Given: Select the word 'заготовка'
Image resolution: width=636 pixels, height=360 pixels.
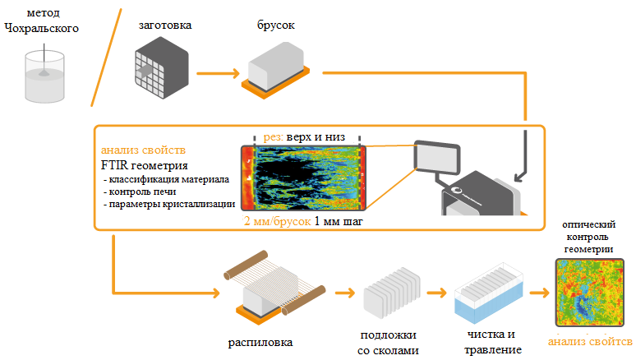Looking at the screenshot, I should tap(164, 25).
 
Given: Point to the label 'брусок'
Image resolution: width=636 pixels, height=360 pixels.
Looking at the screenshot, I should tap(271, 25).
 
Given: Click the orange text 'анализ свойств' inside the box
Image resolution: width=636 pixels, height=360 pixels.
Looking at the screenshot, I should tap(143, 150).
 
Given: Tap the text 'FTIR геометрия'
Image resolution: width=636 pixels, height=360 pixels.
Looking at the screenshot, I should tap(143, 165).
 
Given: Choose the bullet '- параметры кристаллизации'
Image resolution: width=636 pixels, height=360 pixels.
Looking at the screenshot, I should tap(168, 203).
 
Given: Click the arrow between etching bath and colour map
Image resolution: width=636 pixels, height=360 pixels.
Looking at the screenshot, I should tap(539, 292).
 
